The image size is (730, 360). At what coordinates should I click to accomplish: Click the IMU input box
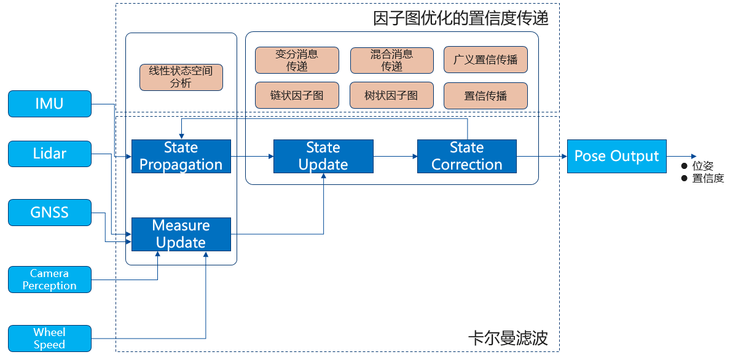(x=49, y=103)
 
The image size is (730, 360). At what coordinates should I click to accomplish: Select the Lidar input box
(x=49, y=154)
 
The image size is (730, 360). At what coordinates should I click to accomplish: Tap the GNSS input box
(x=49, y=213)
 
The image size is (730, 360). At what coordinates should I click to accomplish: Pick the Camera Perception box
(x=49, y=280)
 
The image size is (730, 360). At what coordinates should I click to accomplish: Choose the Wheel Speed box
(x=49, y=338)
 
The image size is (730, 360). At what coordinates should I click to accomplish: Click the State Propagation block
(x=181, y=156)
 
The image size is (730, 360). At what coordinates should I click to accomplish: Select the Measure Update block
(x=181, y=234)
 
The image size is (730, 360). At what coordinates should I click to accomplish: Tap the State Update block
(x=323, y=156)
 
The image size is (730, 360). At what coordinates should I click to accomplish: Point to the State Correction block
(x=466, y=156)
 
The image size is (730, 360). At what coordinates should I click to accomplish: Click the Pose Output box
(x=616, y=156)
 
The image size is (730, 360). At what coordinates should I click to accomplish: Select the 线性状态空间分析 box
(x=181, y=77)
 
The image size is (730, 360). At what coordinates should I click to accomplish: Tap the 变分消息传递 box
(x=297, y=60)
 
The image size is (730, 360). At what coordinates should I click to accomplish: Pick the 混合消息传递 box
(x=391, y=60)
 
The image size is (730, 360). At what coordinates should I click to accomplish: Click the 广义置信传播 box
(x=485, y=60)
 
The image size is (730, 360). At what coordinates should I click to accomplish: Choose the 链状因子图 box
(x=297, y=96)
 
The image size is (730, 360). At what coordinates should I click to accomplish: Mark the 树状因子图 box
(x=391, y=96)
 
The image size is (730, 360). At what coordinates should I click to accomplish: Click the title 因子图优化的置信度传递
(x=460, y=18)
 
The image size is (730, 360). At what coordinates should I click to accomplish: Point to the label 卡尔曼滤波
(x=508, y=338)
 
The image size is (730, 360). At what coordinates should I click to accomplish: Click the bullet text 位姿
(x=702, y=166)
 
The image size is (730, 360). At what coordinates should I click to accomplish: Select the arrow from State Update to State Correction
(x=395, y=156)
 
